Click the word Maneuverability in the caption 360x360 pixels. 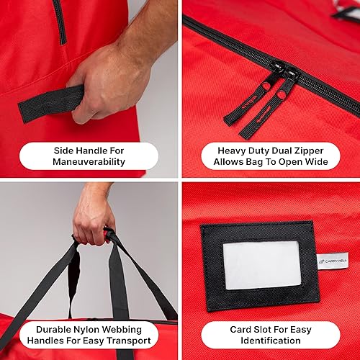89,162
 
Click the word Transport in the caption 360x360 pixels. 126,341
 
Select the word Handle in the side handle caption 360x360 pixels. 98,150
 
